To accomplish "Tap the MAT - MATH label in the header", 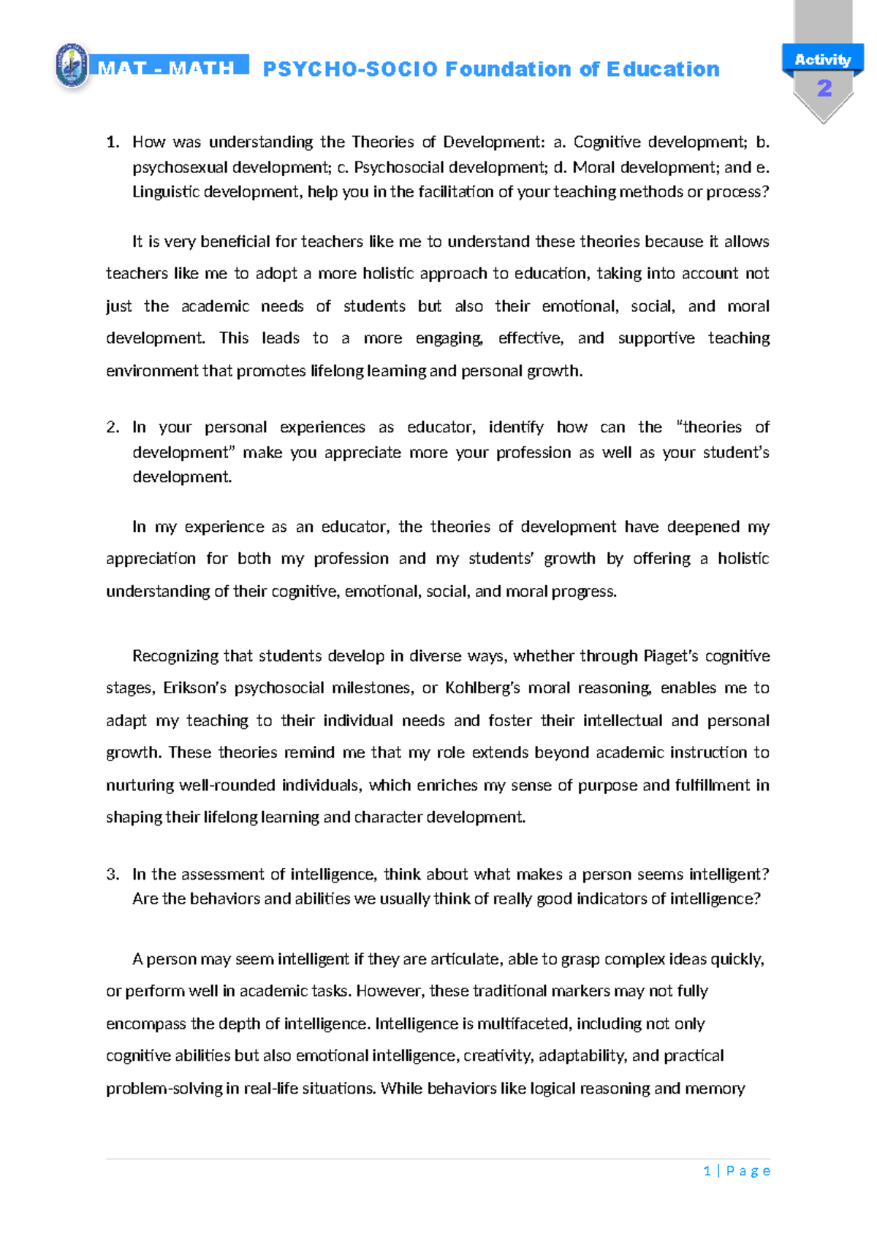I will point(167,68).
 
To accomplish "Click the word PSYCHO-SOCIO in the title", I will point(350,69).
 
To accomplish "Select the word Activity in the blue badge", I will point(823,60).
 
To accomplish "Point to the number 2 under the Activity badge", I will point(824,89).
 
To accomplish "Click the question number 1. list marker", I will point(113,142).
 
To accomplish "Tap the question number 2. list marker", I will point(113,427).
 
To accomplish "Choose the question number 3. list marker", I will point(113,874).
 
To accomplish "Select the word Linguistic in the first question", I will point(166,192).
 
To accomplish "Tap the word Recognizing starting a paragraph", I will point(175,656).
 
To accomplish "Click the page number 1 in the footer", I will point(707,1171).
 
